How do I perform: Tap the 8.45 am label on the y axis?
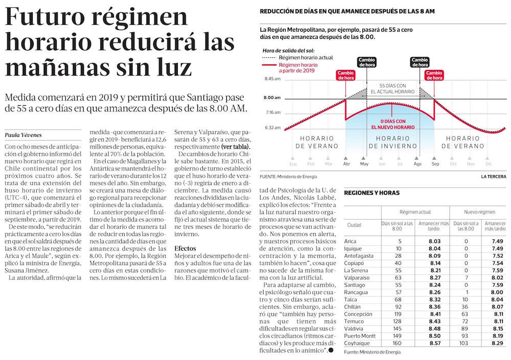pyautogui.click(x=272, y=79)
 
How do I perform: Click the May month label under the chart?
pyautogui.click(x=364, y=164)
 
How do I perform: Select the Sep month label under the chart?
pyautogui.click(x=435, y=164)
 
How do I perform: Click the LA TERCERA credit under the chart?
pyautogui.click(x=494, y=177)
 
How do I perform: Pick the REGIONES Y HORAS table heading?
pyautogui.click(x=371, y=193)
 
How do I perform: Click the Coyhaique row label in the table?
pyautogui.click(x=357, y=344)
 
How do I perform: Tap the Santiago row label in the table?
pyautogui.click(x=355, y=284)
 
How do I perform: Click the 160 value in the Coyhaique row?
pyautogui.click(x=399, y=344)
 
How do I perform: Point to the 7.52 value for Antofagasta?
pyautogui.click(x=498, y=255)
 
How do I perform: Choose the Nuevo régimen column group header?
pyautogui.click(x=479, y=212)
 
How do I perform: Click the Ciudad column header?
pyautogui.click(x=354, y=225)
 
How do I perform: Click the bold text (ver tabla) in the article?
pyautogui.click(x=240, y=147)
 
